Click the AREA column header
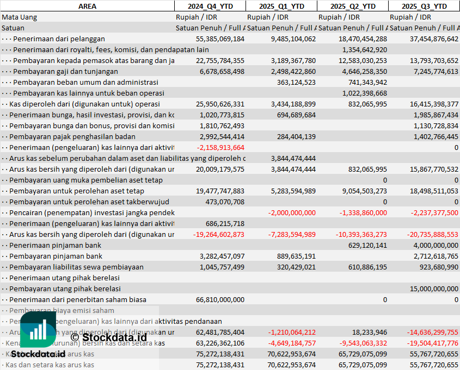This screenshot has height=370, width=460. pyautogui.click(x=87, y=6)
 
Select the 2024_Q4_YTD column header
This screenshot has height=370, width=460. pyautogui.click(x=210, y=6)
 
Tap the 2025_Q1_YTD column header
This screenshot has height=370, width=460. pyautogui.click(x=281, y=6)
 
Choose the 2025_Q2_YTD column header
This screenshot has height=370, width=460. pyautogui.click(x=353, y=6)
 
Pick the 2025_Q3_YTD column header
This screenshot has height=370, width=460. pyautogui.click(x=424, y=6)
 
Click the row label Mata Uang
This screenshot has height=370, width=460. pyautogui.click(x=20, y=17)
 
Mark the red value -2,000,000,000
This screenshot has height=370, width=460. pyautogui.click(x=292, y=212)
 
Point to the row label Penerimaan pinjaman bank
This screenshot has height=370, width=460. pyautogui.click(x=55, y=245)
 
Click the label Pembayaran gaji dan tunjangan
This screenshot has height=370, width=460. pyautogui.click(x=65, y=71)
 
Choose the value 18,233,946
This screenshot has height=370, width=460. pyautogui.click(x=369, y=332)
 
